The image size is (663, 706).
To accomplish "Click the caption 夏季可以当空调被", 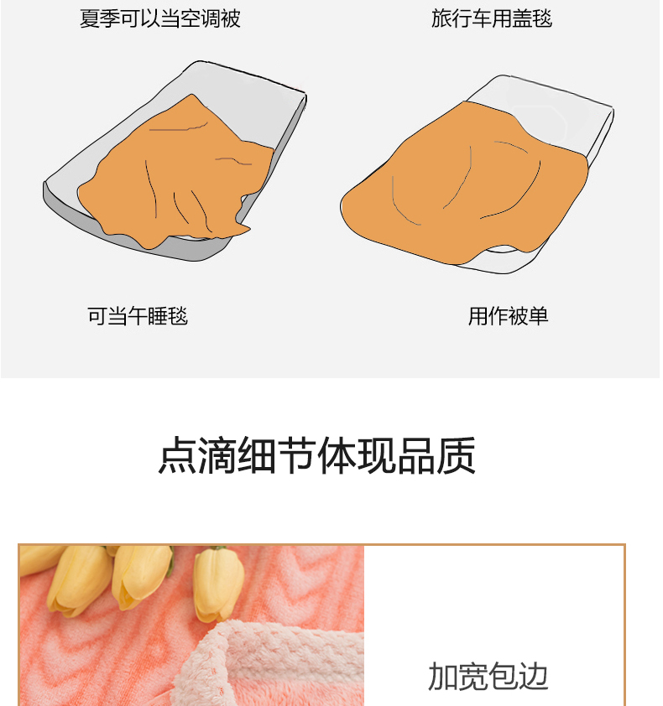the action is tap(160, 18).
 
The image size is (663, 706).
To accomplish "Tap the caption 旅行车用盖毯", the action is tap(492, 18).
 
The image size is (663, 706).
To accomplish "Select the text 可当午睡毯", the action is tap(138, 315).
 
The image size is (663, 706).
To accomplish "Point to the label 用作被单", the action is tap(508, 315).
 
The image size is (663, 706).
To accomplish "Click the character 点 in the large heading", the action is tap(178, 454).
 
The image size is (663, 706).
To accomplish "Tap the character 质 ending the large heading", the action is tap(456, 454).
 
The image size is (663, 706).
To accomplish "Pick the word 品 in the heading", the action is tap(416, 454).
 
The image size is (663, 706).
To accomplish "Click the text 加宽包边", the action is tap(488, 676).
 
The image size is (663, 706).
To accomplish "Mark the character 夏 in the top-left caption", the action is tap(89, 18).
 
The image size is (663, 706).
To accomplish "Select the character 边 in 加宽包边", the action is tap(534, 676).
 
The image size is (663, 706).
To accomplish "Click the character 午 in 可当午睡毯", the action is tap(138, 315).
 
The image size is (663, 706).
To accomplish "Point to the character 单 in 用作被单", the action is tap(539, 315).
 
